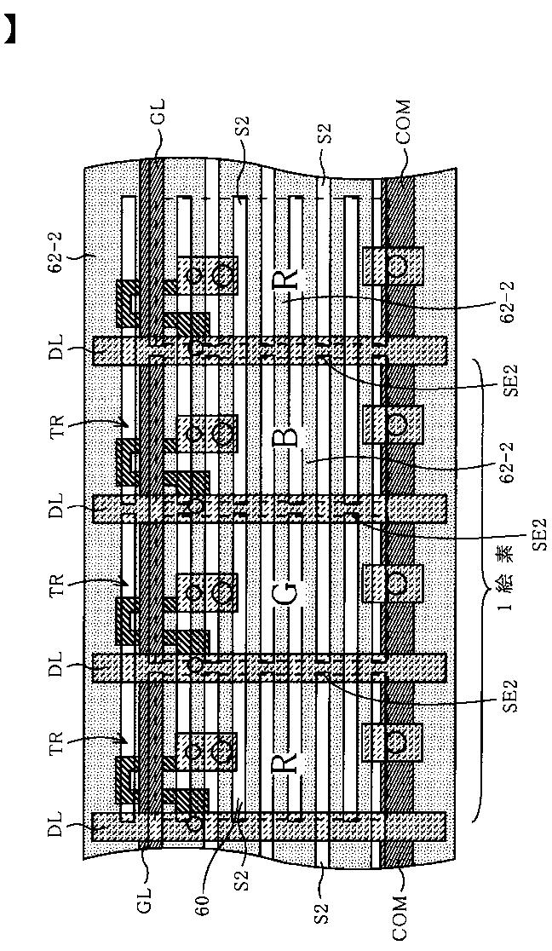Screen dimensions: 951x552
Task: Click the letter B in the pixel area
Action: coord(287,435)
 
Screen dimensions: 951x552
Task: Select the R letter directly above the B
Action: coord(287,278)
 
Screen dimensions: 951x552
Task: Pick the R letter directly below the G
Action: coord(287,757)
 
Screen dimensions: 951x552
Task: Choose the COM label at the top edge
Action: coord(403,120)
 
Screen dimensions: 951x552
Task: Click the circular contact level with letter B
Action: coord(396,424)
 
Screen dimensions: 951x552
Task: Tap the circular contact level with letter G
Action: coord(396,583)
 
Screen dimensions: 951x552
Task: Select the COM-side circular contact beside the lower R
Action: coord(396,741)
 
